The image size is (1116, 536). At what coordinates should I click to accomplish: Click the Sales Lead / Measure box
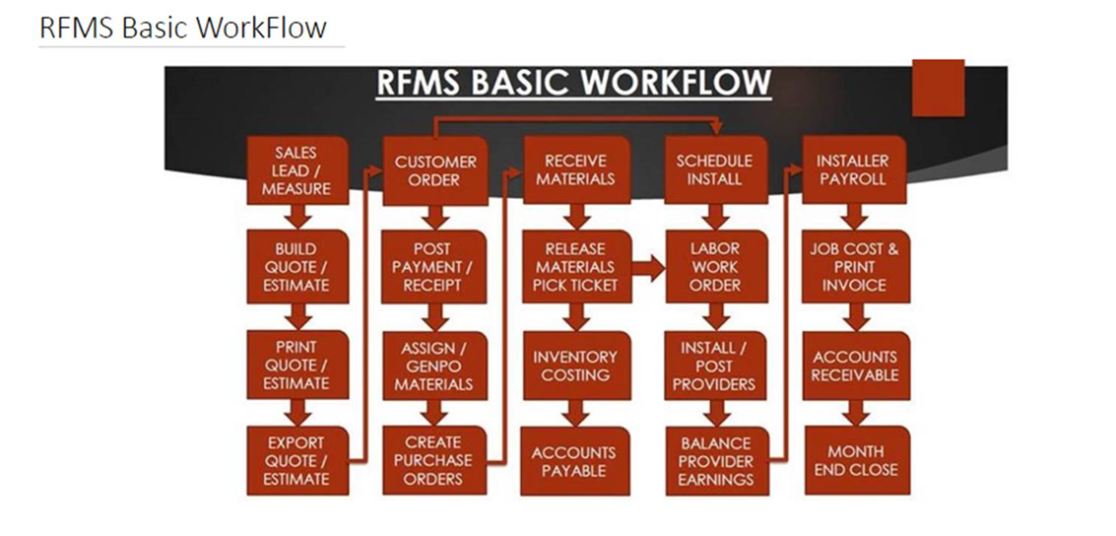(297, 170)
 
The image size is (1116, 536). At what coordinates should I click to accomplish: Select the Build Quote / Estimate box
(297, 267)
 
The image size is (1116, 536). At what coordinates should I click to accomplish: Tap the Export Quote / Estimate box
(297, 460)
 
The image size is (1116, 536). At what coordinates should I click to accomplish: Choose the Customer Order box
(434, 170)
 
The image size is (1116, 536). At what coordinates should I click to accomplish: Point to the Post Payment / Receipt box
(434, 267)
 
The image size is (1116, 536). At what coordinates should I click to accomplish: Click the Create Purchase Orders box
(434, 460)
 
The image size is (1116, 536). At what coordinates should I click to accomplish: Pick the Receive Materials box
(576, 170)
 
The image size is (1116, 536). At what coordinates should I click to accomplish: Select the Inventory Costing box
(576, 366)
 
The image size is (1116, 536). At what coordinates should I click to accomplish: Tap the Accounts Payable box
(575, 461)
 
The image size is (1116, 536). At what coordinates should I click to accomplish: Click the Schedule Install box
(715, 170)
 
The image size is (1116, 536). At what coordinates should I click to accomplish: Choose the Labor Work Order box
(716, 267)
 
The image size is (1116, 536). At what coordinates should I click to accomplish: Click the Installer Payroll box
(854, 170)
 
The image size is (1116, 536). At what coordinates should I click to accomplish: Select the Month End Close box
(857, 460)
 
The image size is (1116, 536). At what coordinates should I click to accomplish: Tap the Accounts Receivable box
(856, 366)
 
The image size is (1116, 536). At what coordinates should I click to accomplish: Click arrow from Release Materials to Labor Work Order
(648, 269)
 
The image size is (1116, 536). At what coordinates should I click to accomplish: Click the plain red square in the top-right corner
(938, 88)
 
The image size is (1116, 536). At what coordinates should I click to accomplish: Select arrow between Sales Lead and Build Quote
(297, 217)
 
